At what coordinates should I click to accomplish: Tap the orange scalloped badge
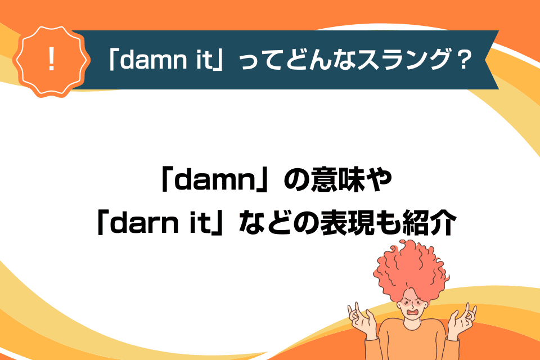[x=52, y=61]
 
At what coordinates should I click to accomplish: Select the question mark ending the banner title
[x=461, y=60]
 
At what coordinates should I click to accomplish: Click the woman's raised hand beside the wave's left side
[x=362, y=319]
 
